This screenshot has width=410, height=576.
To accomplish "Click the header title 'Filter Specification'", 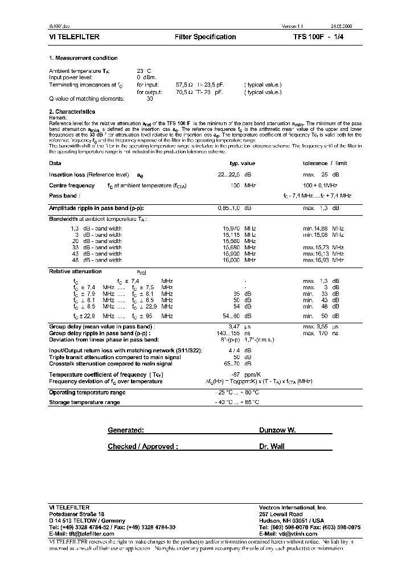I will coord(205,37).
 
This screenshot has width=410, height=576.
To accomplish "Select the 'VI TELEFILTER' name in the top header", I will coord(75,37).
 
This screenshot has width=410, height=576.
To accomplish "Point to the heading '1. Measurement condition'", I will coord(83,58).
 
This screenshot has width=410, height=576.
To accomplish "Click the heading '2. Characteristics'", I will coord(72,112).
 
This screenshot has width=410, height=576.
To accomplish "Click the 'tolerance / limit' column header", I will coord(324,163).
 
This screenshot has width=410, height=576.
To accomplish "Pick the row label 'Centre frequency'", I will coord(72,186).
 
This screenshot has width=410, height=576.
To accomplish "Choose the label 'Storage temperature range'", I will coord(84,402).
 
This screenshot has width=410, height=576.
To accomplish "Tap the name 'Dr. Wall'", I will coord(272,447).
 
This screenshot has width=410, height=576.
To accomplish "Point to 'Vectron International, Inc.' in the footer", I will coord(293,507).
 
